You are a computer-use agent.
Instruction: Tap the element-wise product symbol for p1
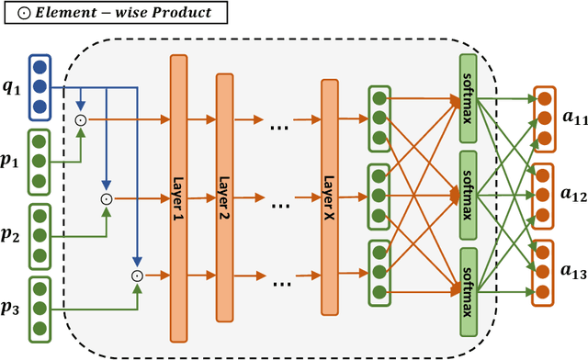(80, 119)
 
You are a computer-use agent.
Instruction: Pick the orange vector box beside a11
(544, 118)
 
